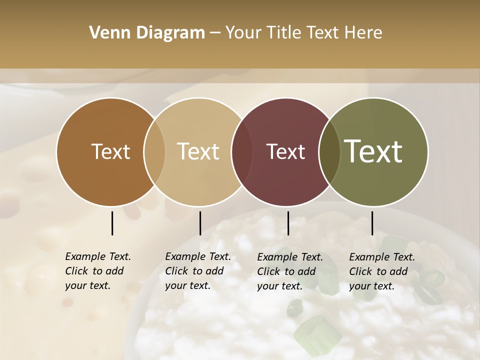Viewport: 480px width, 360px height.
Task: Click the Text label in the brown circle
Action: [110, 151]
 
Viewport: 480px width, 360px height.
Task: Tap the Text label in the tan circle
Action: [198, 151]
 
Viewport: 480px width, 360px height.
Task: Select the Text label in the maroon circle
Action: [286, 151]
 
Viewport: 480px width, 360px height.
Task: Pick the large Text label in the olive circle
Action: [373, 151]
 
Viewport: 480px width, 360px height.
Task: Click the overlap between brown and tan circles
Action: [154, 152]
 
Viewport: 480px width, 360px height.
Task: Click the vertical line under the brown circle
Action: [112, 223]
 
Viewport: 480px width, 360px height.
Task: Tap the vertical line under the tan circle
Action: [200, 223]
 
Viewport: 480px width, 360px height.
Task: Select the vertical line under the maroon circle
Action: [288, 223]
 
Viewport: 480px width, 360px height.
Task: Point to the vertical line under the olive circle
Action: [372, 223]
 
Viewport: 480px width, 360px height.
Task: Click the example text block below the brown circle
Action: [98, 271]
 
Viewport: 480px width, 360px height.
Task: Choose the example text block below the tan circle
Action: [198, 271]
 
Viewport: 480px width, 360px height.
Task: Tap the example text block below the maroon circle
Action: [290, 271]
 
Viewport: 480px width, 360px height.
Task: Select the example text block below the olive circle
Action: [382, 271]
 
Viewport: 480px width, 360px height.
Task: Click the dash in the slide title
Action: [215, 33]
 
